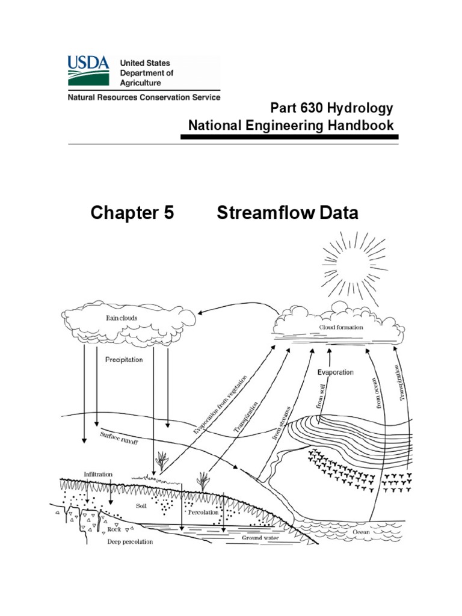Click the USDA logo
88,70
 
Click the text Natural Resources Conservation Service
143,97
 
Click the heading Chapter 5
132,213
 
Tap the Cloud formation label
340,328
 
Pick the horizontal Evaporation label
335,372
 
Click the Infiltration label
98,474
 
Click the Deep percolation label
130,541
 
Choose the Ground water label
260,537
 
